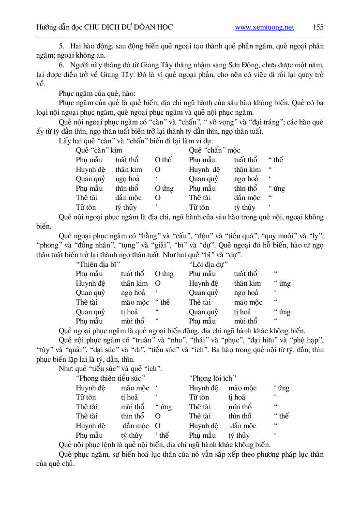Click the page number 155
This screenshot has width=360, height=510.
tap(318, 27)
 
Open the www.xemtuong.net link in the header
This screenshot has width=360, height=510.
tap(264, 28)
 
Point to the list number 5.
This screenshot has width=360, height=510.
tap(61, 46)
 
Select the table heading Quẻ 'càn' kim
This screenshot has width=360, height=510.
tap(99, 150)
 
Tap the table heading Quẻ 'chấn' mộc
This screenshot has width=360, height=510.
tap(214, 150)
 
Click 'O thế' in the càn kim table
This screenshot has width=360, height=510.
tap(164, 160)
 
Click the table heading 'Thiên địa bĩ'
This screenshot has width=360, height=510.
tap(98, 264)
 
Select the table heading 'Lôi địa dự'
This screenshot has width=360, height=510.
tap(208, 264)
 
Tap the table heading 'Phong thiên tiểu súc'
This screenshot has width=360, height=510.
tap(111, 378)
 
